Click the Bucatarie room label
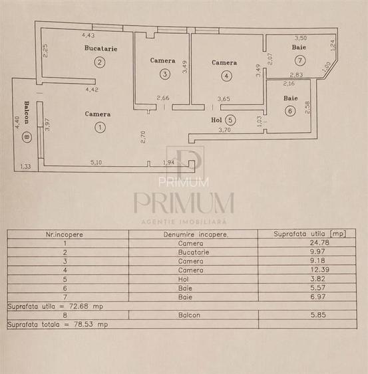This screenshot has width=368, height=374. (x=101, y=48)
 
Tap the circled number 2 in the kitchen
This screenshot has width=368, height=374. (x=100, y=62)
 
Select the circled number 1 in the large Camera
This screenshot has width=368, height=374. (x=100, y=128)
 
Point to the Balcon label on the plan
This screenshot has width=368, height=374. (x=27, y=112)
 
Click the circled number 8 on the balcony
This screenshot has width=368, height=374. (x=27, y=137)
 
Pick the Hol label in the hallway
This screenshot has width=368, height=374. (x=216, y=120)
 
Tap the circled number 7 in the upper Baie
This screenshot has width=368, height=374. (x=300, y=60)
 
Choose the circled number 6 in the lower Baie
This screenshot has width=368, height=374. (x=290, y=111)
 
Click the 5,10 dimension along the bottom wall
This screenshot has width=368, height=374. (x=96, y=163)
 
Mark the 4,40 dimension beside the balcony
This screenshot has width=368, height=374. (x=17, y=122)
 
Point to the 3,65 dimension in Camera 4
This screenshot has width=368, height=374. (x=224, y=99)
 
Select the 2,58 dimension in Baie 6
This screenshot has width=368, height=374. (x=307, y=108)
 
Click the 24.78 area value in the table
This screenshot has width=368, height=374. (x=319, y=242)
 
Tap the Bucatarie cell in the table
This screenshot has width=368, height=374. (x=194, y=252)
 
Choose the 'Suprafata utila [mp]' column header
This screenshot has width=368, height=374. (x=309, y=234)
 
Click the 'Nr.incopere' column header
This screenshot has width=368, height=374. (x=65, y=234)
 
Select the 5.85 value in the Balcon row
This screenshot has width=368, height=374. (x=318, y=315)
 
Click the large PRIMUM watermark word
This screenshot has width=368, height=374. (x=184, y=203)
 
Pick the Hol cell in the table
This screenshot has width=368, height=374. (x=183, y=279)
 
